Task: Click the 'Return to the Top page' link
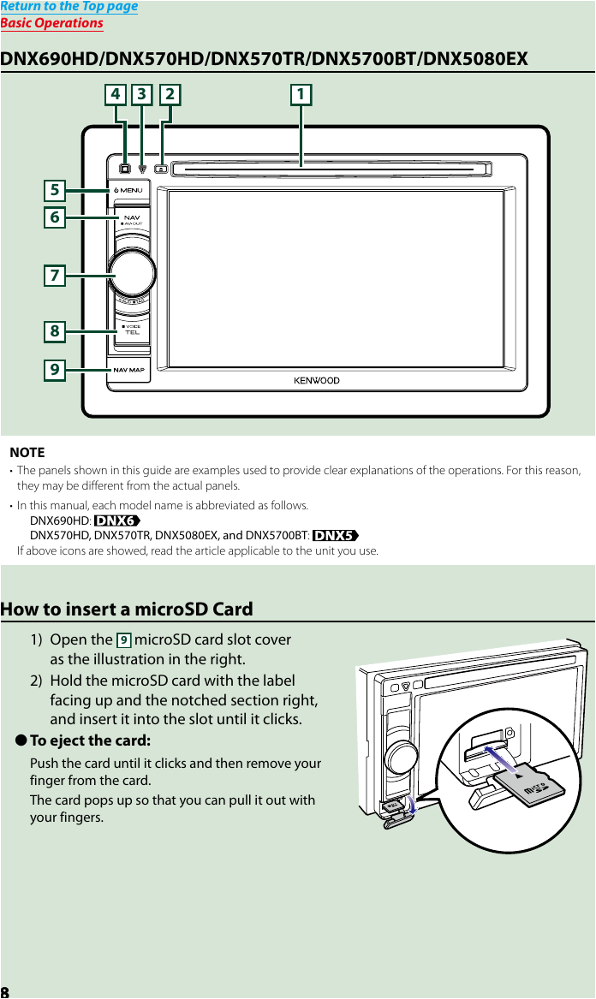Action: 69,7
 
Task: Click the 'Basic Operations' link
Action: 51,23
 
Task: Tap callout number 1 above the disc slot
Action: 300,94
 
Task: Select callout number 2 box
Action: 170,94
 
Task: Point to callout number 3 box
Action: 141,94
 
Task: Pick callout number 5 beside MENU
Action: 55,189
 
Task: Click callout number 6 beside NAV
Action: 55,217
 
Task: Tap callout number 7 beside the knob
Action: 55,276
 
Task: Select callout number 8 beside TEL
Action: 55,330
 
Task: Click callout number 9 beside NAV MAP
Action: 55,370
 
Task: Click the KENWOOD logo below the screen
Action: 317,380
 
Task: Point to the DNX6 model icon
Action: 116,520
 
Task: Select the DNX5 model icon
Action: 335,535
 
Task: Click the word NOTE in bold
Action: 27,452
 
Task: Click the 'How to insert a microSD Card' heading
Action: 127,610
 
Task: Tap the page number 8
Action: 5,991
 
